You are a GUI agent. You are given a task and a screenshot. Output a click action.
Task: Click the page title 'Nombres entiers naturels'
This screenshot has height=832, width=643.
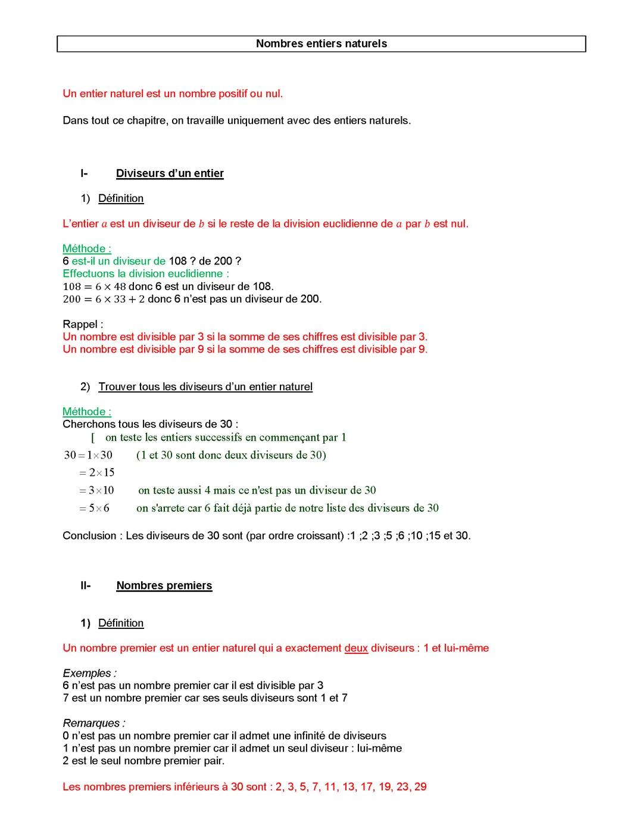coord(321,43)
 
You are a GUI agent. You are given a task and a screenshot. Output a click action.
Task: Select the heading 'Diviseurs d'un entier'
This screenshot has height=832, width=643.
coord(170,173)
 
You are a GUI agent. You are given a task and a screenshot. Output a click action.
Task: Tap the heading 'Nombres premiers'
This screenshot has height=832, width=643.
coord(164,585)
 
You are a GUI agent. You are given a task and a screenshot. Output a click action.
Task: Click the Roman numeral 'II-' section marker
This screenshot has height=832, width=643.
coord(85,585)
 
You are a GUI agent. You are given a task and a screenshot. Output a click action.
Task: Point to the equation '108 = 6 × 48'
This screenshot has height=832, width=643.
coord(94,286)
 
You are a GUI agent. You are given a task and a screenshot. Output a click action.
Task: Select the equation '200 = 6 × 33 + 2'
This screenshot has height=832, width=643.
coord(104,299)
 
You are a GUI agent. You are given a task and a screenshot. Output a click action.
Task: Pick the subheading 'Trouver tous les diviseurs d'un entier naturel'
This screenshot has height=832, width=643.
coord(205,387)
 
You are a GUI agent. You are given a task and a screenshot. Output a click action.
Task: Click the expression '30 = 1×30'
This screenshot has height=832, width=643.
coord(88,455)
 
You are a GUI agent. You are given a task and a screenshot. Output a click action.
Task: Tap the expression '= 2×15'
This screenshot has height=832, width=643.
coord(96,473)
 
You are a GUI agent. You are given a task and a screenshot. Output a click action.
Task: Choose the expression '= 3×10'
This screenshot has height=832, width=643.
coord(96,491)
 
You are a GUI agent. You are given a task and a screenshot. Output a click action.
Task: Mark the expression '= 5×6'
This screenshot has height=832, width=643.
coord(94,509)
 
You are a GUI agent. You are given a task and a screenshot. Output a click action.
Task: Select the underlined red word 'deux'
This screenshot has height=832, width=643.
coord(356,648)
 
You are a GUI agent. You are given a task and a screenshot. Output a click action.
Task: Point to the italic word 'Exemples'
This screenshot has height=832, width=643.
coord(87,673)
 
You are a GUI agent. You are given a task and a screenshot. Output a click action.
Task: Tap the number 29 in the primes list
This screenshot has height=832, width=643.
coord(420,787)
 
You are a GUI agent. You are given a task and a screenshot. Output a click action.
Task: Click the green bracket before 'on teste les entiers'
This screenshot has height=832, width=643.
coord(93,438)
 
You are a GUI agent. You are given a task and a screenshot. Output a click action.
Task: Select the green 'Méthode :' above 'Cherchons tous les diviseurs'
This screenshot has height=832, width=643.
coord(86,412)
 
